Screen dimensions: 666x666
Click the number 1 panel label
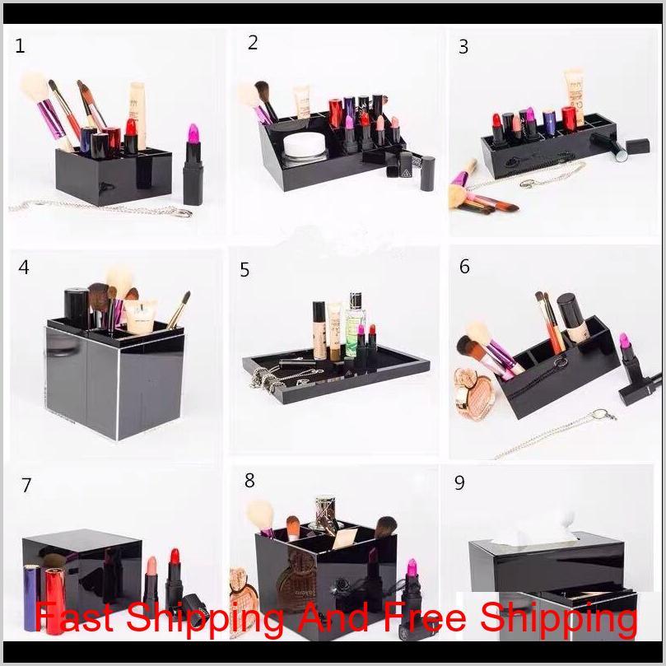click(20, 46)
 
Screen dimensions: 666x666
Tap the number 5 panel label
click(245, 270)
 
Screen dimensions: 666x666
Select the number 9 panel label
click(459, 482)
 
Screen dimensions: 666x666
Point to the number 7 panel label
click(26, 485)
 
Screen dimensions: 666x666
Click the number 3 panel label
click(463, 47)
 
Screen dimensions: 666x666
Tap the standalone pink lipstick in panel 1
click(193, 164)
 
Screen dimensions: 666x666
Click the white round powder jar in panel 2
click(301, 146)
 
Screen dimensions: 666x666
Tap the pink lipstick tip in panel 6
click(624, 341)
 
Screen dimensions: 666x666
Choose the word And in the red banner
click(333, 617)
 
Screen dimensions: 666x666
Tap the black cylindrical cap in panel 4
click(77, 304)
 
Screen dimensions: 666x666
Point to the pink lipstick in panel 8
click(411, 587)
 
